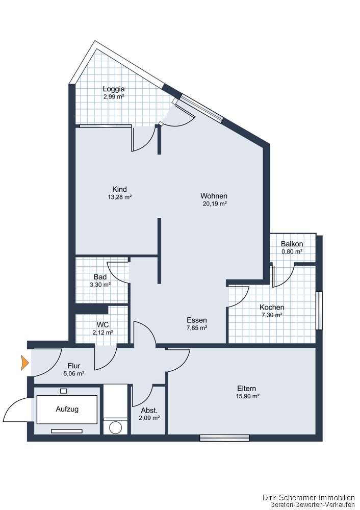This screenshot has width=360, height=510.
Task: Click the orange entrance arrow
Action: pyautogui.click(x=24, y=363)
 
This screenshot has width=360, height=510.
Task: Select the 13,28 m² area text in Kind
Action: pyautogui.click(x=119, y=197)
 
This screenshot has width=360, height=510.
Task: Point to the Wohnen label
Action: pyautogui.click(x=214, y=196)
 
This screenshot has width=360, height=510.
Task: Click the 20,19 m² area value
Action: pyautogui.click(x=214, y=203)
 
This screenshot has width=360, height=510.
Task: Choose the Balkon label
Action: pyautogui.click(x=292, y=244)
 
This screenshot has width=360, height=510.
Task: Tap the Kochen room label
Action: pyautogui.click(x=272, y=308)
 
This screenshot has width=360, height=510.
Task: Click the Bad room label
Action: pyautogui.click(x=100, y=277)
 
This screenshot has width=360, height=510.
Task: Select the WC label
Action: pyautogui.click(x=102, y=324)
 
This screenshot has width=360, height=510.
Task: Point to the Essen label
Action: pyautogui.click(x=196, y=320)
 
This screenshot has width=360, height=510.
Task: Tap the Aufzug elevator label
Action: pyautogui.click(x=67, y=409)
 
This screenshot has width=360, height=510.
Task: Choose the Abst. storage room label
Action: pyautogui.click(x=149, y=410)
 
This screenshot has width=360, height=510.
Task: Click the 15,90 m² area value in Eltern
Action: pyautogui.click(x=247, y=396)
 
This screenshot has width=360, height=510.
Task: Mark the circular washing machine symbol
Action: pyautogui.click(x=117, y=426)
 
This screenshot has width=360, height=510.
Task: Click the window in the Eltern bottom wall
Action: pyautogui.click(x=224, y=438)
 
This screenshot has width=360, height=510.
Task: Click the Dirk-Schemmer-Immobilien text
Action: pyautogui.click(x=308, y=497)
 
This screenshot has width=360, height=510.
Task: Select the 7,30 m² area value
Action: pyautogui.click(x=271, y=315)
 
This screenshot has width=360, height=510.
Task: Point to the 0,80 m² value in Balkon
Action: pyautogui.click(x=292, y=251)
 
